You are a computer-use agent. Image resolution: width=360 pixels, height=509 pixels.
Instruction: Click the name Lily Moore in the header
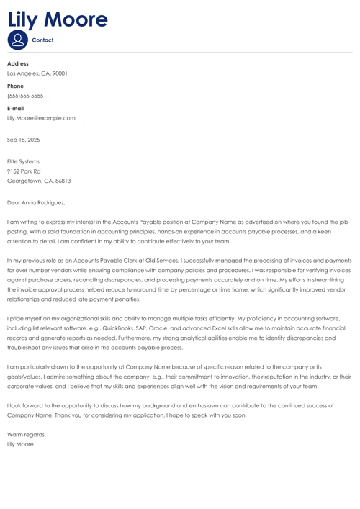tap(58, 19)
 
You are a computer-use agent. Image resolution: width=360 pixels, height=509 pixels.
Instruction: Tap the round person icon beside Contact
tap(17, 40)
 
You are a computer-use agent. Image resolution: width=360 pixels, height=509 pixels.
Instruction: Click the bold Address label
tap(18, 63)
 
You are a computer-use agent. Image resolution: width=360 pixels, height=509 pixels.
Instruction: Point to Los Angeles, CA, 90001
tap(37, 73)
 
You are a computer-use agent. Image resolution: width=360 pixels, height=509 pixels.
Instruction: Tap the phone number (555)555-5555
tap(25, 96)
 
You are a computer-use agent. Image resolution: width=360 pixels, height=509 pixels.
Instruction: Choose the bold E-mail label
tap(16, 108)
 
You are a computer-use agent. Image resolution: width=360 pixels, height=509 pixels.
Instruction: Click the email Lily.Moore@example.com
tap(41, 118)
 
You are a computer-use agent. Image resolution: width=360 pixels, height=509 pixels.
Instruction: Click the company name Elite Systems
tap(23, 161)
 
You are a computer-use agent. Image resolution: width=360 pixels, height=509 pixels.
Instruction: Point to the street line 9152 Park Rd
tap(24, 171)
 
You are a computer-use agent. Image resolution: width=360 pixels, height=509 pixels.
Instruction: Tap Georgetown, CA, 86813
tap(39, 181)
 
